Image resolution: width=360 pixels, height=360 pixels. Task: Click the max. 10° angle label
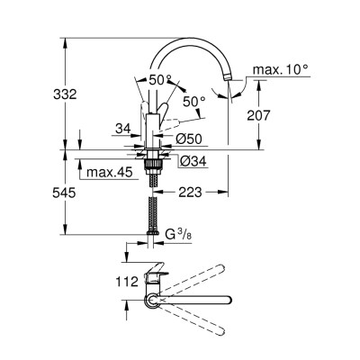(x=281, y=68)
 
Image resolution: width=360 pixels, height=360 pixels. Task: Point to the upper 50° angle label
(x=160, y=79)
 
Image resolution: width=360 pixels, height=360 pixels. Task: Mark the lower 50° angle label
(x=193, y=102)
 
